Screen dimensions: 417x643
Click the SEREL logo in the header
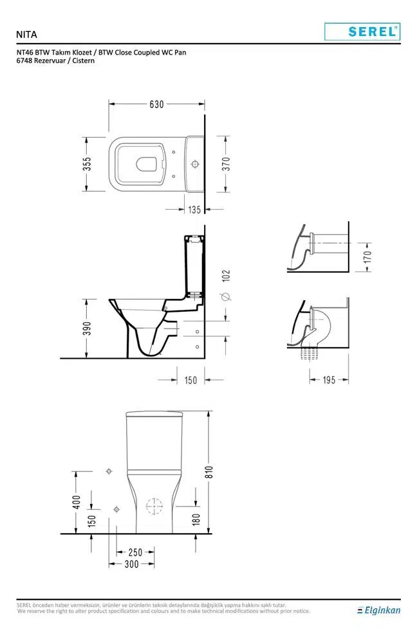tap(362, 32)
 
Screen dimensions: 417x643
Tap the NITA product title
tap(26, 35)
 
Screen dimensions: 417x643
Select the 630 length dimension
tap(156, 104)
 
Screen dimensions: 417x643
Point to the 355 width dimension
tap(87, 164)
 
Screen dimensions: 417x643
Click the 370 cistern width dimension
tap(226, 164)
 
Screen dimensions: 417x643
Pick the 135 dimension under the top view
tap(194, 210)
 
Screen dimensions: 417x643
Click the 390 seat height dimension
tap(87, 328)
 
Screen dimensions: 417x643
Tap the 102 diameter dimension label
tap(226, 276)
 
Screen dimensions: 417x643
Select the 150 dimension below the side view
tap(191, 380)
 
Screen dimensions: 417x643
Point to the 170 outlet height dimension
tap(367, 257)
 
